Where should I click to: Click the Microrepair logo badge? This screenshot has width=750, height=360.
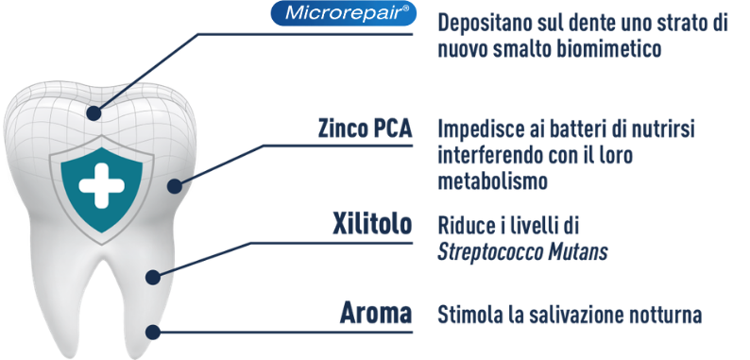[x=343, y=13]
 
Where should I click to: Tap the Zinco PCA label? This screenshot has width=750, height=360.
[x=365, y=129]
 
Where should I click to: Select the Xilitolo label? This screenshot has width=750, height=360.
[x=372, y=224]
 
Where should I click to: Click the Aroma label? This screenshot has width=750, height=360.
[x=376, y=313]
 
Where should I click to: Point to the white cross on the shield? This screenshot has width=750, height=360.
[x=101, y=185]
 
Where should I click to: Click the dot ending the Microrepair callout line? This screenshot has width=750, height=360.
[x=94, y=113]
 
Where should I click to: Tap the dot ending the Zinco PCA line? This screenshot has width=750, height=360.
[x=175, y=186]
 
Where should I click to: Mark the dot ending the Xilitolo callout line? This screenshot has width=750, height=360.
[x=153, y=277]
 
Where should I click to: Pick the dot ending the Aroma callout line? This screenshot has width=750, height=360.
[x=153, y=332]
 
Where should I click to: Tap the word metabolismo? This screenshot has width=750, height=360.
[x=492, y=181]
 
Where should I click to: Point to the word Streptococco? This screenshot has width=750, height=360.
[x=486, y=252]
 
